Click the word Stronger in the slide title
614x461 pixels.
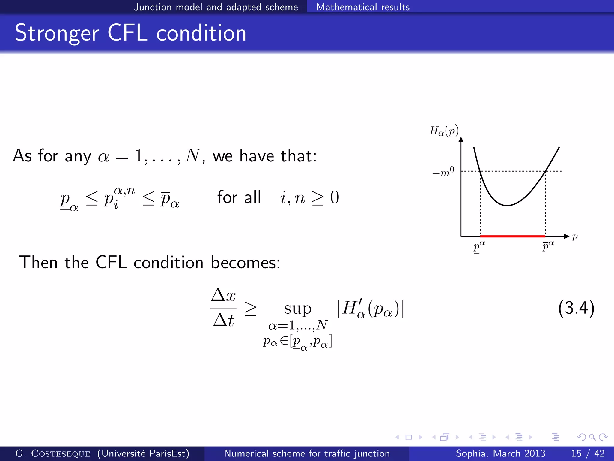(57, 33)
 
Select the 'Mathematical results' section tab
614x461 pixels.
(363, 7)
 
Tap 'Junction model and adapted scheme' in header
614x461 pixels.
(216, 7)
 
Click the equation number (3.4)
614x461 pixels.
(576, 308)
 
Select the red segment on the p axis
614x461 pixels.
(513, 237)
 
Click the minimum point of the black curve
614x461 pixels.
(507, 205)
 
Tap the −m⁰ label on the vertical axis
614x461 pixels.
(443, 173)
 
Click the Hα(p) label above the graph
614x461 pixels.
(444, 131)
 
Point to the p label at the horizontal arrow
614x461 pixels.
(574, 237)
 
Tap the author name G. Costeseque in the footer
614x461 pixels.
(53, 453)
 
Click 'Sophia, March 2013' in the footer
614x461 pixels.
(500, 453)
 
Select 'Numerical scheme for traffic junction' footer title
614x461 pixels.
(307, 453)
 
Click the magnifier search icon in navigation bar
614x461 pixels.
(592, 437)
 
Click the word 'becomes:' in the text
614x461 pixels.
(245, 263)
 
